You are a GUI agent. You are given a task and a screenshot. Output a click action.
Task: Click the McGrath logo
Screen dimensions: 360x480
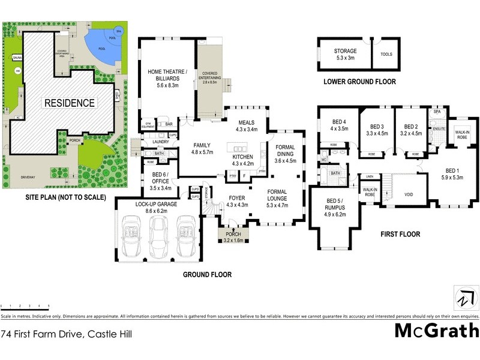tap(436, 331)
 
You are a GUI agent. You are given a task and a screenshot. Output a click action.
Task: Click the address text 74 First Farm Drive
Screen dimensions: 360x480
tap(66, 333)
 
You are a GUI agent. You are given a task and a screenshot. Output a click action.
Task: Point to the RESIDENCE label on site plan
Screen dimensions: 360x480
tap(69, 103)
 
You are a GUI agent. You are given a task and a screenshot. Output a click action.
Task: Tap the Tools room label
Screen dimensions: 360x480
tap(386, 54)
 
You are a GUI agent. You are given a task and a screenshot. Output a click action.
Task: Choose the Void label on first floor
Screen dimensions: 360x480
tap(408, 194)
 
